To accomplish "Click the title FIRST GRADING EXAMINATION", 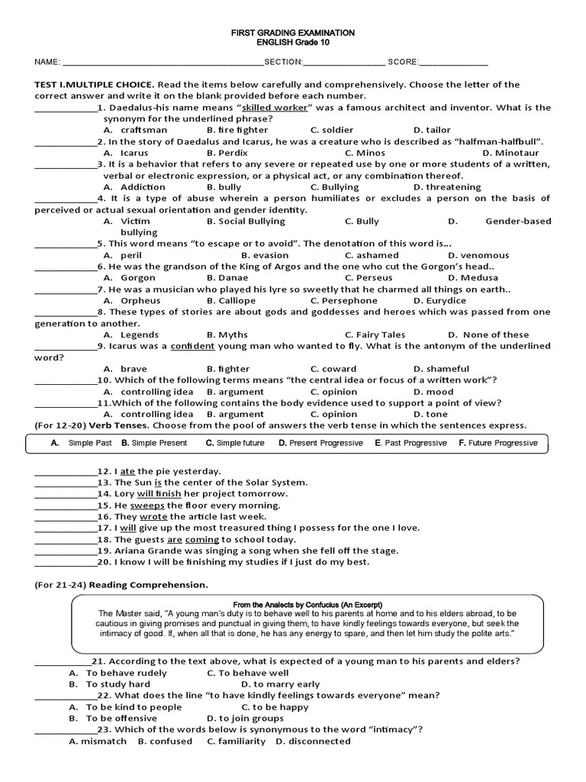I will [x=293, y=33].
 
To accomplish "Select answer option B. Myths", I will [x=227, y=334].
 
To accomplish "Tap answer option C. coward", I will [x=333, y=369].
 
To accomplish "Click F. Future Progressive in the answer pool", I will [x=497, y=443].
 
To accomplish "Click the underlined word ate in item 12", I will [x=128, y=471].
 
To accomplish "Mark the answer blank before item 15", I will [x=66, y=506].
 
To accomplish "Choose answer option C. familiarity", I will [x=230, y=741].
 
